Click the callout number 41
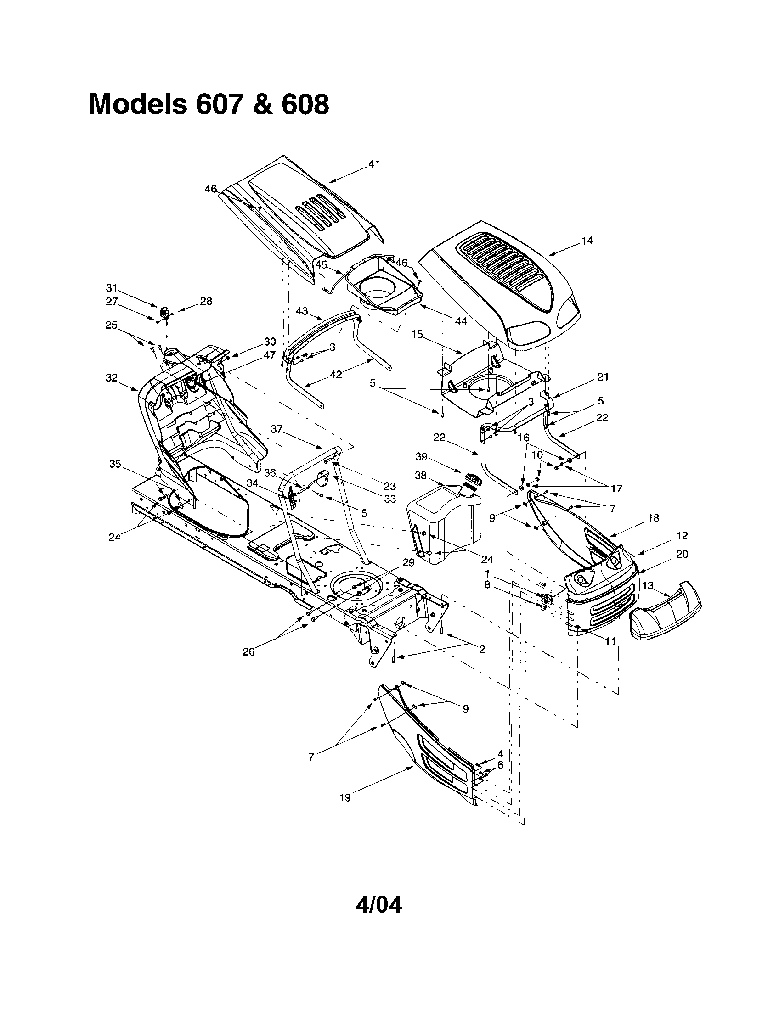(x=374, y=164)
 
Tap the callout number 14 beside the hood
(x=587, y=241)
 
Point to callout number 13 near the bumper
(x=648, y=585)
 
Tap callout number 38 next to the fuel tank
(x=421, y=475)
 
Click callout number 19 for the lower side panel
(x=345, y=797)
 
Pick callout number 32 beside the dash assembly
(x=112, y=377)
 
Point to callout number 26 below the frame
(x=249, y=652)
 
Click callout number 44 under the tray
(x=461, y=321)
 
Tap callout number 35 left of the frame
(x=115, y=463)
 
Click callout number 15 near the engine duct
(x=417, y=334)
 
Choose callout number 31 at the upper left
(x=112, y=288)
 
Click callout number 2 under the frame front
(x=481, y=649)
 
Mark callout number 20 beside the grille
(x=682, y=554)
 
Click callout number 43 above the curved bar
(x=302, y=311)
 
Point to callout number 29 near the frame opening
(x=408, y=562)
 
